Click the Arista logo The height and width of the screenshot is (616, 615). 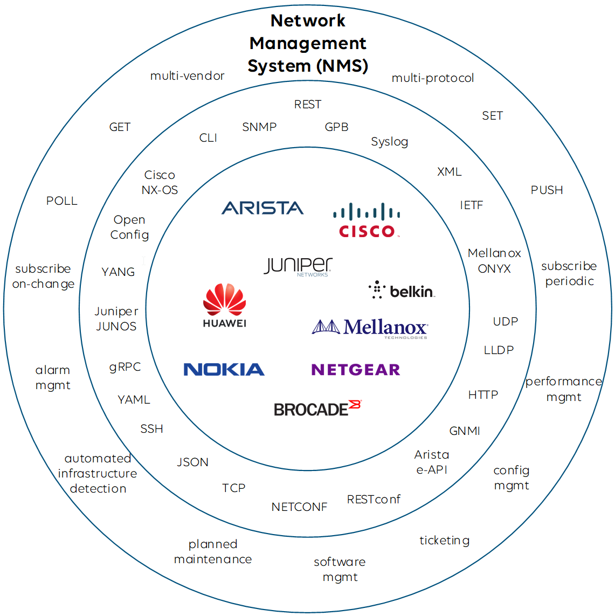pos(262,208)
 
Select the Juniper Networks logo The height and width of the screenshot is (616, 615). pos(298,266)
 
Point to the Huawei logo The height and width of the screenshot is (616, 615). pos(225,305)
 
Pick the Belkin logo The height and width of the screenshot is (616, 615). pos(402,290)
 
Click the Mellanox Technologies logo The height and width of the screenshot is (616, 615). pos(370,328)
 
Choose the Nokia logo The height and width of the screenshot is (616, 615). pos(224,370)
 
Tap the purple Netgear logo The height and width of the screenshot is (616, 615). pos(356,370)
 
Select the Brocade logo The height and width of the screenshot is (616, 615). pos(317,409)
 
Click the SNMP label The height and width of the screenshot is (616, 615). pos(259,127)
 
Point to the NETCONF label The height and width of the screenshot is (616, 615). pos(299,507)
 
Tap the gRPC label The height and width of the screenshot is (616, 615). pos(125,367)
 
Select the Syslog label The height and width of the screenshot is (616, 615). pos(389,142)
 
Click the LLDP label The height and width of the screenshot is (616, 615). pos(499,350)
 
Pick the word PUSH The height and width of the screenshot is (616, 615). pos(547,190)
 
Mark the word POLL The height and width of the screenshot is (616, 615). pos(62,201)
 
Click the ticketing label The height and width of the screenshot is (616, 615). pos(444,541)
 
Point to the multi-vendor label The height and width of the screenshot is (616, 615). pos(187,76)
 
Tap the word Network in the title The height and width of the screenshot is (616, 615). pos(308,20)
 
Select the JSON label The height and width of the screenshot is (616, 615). pos(192,462)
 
